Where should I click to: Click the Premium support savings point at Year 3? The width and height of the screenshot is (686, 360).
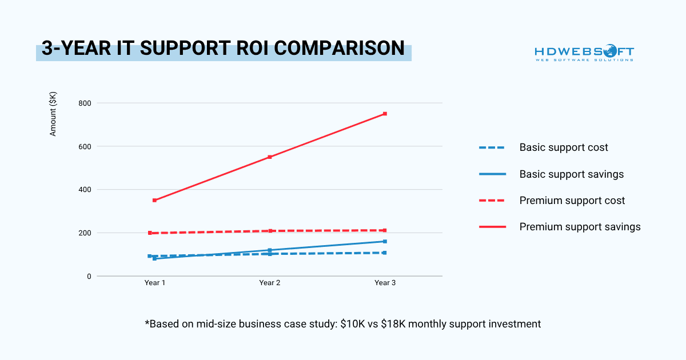(x=385, y=114)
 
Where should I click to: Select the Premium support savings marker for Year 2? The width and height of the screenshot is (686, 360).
(x=270, y=157)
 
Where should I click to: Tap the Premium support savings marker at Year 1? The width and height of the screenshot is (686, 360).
(x=155, y=200)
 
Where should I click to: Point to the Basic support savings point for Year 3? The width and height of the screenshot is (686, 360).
(x=385, y=241)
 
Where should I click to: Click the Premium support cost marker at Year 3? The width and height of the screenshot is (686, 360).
(x=385, y=230)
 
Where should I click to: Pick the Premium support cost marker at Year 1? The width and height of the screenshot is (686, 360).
(x=150, y=233)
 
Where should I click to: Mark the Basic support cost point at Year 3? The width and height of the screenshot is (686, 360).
(x=385, y=253)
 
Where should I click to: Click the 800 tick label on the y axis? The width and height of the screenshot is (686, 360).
(x=85, y=103)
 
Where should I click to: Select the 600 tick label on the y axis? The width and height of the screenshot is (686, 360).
(x=85, y=146)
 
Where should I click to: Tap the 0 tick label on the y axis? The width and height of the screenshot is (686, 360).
(x=89, y=276)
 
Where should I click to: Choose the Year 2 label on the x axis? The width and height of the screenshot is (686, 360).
(x=270, y=283)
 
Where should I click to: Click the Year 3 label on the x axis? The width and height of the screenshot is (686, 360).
(x=385, y=283)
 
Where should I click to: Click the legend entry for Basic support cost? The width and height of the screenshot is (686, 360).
(x=563, y=147)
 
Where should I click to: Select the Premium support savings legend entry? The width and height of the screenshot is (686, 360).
(x=580, y=227)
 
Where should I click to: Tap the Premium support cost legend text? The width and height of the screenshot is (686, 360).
(x=572, y=201)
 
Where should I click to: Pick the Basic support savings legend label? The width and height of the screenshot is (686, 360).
(x=571, y=174)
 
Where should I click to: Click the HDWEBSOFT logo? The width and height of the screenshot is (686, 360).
(x=584, y=53)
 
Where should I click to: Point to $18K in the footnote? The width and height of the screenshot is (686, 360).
(x=398, y=324)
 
